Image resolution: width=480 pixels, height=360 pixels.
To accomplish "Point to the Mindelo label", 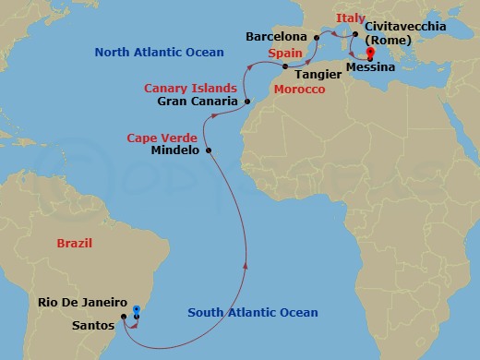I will (174, 150).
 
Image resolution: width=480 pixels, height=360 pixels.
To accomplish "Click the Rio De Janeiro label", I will (82, 302).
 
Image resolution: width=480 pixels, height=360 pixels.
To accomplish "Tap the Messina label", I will (374, 67).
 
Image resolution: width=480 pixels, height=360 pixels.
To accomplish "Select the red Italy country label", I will (350, 18).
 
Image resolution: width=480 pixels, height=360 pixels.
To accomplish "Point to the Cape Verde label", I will (156, 138).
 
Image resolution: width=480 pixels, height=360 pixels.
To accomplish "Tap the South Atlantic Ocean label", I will (252, 313).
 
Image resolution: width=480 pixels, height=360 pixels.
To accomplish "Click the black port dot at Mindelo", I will (209, 150).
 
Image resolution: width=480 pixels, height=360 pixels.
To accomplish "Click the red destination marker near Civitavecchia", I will (369, 52).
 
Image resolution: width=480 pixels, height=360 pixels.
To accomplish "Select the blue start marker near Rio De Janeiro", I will (136, 310).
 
